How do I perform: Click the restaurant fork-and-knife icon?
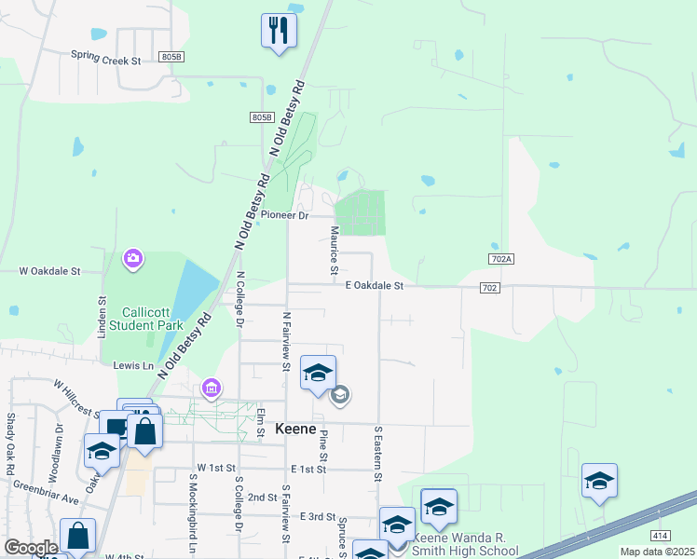point(279,31)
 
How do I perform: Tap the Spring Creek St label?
point(105,57)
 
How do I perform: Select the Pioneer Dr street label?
point(284,214)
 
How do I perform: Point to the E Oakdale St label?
point(374,286)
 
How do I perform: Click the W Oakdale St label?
point(50,271)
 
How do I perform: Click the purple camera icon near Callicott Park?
point(132,257)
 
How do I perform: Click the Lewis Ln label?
point(133,366)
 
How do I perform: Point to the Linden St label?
point(102,315)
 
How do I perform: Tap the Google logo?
point(30,548)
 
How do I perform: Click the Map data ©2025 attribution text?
point(657,552)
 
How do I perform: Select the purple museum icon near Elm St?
point(212,388)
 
